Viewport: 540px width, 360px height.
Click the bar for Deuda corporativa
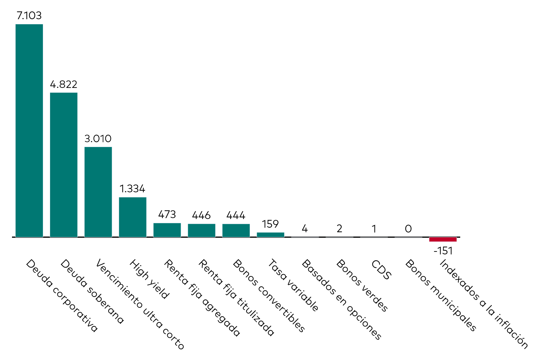(x=29, y=130)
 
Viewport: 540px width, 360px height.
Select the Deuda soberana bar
(x=64, y=165)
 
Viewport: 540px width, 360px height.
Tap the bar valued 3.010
(x=98, y=192)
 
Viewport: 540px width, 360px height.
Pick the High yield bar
(x=133, y=217)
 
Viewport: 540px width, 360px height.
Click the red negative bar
(x=443, y=239)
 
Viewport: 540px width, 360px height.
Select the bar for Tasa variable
(x=270, y=235)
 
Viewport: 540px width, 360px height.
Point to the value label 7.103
(x=29, y=16)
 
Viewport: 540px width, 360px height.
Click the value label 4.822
(x=64, y=85)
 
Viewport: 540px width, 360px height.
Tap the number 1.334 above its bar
(x=132, y=189)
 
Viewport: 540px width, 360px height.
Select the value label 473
(x=167, y=214)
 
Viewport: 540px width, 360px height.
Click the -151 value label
(x=443, y=251)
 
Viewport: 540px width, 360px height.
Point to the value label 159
(x=270, y=224)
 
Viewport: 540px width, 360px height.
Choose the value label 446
(x=201, y=215)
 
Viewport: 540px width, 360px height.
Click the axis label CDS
(x=381, y=270)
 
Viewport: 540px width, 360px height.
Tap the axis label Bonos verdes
(x=362, y=286)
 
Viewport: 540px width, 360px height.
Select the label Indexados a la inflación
(x=483, y=304)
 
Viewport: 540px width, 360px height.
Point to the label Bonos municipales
(x=440, y=295)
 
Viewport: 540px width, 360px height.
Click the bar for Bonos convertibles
(x=236, y=230)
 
